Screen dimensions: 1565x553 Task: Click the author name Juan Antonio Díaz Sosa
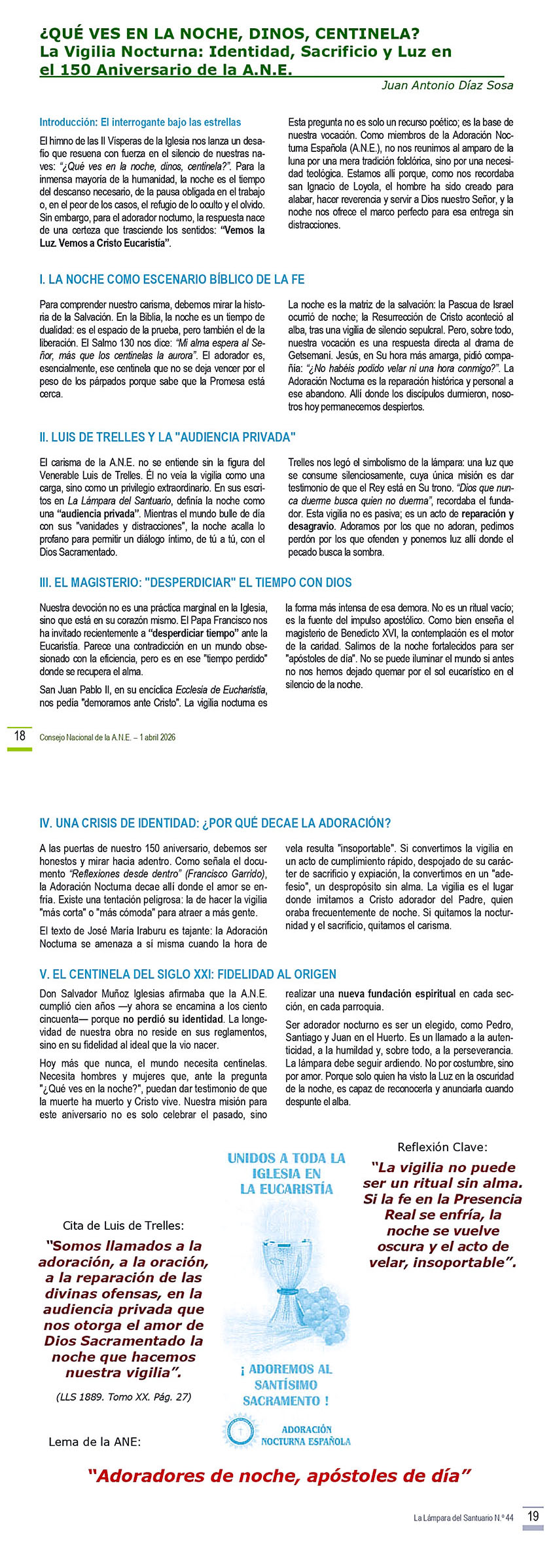[447, 86]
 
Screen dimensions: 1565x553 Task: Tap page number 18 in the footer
[20, 735]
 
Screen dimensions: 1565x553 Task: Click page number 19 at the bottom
[533, 1515]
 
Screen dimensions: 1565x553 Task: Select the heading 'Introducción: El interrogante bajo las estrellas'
[140, 122]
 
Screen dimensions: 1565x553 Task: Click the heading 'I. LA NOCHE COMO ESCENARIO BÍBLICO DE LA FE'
[171, 280]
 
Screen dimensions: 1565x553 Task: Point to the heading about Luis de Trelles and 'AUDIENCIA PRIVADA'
[168, 437]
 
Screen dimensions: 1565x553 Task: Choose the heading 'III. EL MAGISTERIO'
[195, 583]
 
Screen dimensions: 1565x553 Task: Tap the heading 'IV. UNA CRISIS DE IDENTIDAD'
[215, 823]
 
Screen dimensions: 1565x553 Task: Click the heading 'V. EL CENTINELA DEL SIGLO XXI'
[188, 974]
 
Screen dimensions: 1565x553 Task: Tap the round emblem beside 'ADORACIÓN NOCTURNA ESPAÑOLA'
[240, 1432]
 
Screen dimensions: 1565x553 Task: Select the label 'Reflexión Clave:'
[442, 1147]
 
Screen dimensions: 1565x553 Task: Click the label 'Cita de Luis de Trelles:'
[123, 1225]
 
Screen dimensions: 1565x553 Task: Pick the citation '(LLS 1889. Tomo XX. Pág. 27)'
[124, 1397]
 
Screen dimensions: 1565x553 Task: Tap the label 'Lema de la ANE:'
[94, 1441]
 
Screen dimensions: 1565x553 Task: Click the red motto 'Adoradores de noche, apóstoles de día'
[280, 1476]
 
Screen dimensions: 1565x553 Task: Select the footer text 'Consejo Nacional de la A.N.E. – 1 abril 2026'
[107, 737]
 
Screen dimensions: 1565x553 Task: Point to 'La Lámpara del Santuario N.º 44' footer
[463, 1517]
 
